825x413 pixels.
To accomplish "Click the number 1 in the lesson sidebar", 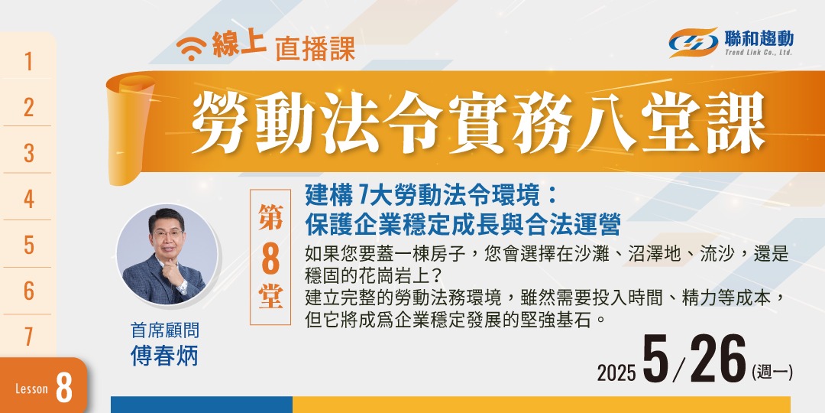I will point(29,62).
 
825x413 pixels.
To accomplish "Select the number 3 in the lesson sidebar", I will point(29,153).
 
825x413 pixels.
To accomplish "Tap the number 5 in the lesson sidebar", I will point(29,245).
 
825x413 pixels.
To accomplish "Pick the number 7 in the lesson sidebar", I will point(29,337).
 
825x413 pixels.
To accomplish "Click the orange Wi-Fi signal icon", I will point(188,51).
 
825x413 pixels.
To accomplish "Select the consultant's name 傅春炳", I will point(165,356).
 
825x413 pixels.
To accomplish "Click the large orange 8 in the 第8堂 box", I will point(270,260).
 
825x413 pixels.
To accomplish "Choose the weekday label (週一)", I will point(772,372).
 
